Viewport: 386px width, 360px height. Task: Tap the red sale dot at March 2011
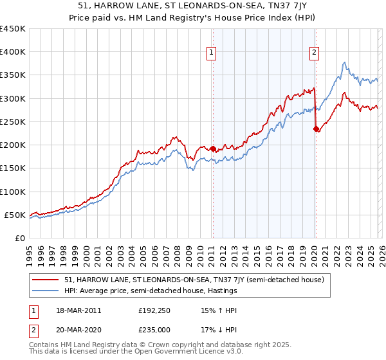click(213, 148)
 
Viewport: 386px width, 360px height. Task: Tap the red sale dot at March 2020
click(316, 129)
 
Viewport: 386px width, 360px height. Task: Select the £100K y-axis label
click(13, 192)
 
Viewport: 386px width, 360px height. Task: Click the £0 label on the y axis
click(19, 238)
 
